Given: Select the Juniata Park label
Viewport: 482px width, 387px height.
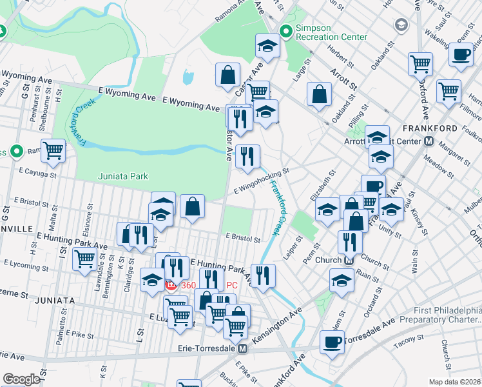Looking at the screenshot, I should coord(122,176).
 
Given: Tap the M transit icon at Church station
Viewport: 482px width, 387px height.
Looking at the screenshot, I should coord(349,261).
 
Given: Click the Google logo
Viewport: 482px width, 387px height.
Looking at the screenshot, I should coord(21,379).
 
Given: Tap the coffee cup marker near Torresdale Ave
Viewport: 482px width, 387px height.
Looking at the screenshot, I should coord(333,342).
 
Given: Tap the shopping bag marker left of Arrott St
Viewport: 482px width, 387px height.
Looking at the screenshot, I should coord(319,95).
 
